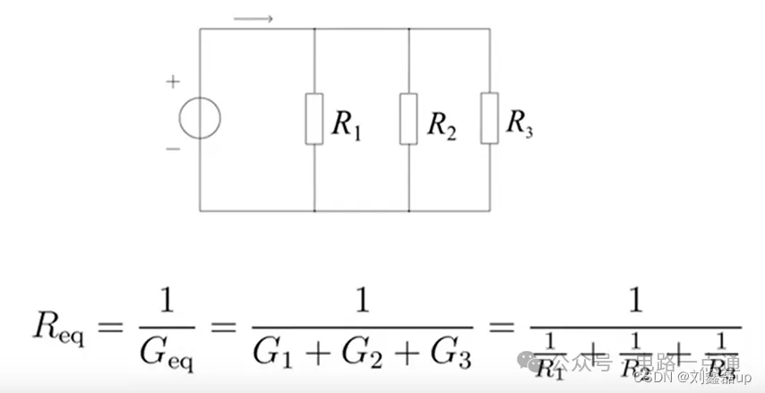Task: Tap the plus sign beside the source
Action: (172, 82)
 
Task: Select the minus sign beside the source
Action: (172, 148)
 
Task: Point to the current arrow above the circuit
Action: (254, 17)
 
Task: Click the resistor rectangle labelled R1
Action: (314, 117)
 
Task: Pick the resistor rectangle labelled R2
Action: (408, 117)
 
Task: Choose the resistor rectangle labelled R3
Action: (489, 117)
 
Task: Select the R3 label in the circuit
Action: (520, 123)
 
